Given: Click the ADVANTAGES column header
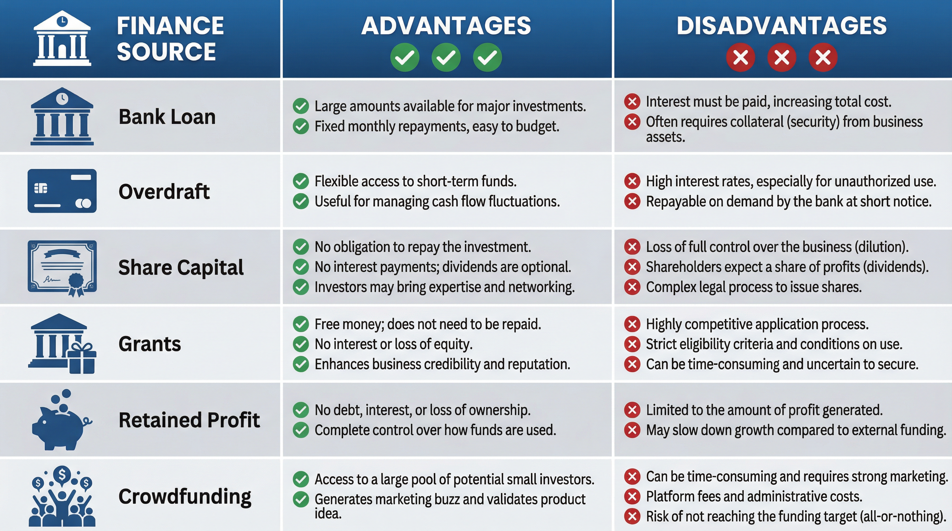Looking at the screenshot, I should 446,26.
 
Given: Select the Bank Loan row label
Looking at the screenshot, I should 167,117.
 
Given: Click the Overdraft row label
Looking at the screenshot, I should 164,192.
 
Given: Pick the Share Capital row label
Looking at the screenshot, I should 181,267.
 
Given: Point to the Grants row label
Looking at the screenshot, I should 150,344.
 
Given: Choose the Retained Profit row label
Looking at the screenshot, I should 189,420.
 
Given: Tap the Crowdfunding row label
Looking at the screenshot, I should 185,496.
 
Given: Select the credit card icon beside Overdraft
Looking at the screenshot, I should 62,191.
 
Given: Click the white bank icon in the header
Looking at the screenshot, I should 62,39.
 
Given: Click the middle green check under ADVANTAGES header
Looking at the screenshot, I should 446,57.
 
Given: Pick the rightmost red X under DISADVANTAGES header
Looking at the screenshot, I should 823,57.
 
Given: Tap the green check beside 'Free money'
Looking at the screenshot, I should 301,324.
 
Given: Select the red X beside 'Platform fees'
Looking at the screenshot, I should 632,496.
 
